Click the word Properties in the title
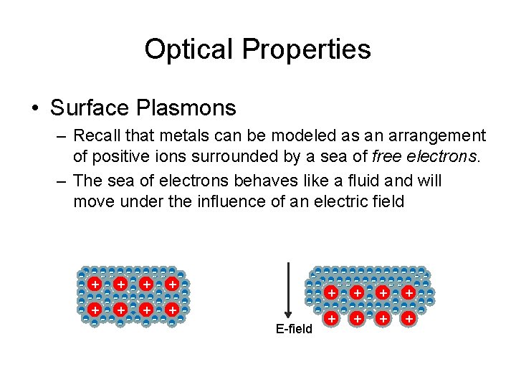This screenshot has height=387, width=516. [306, 49]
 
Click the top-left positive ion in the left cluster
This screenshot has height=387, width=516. [95, 285]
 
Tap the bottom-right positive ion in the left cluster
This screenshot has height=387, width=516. [172, 310]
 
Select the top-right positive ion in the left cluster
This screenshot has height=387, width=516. [172, 285]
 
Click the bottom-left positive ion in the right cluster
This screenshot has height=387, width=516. [332, 317]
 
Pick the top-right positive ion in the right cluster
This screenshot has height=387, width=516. [408, 292]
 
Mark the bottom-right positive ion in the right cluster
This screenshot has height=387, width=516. [408, 317]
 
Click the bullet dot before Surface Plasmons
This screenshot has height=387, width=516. [34, 109]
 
